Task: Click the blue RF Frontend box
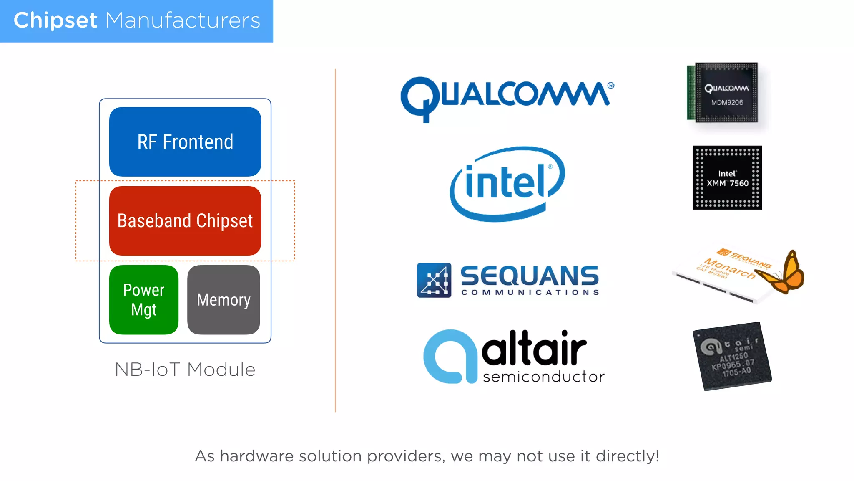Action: [x=185, y=142]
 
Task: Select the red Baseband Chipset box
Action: [x=185, y=220]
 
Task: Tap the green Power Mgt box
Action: [x=144, y=300]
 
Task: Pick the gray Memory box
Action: [x=224, y=300]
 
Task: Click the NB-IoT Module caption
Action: [x=185, y=370]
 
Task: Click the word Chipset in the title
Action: [x=55, y=20]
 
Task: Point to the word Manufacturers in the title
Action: [x=183, y=20]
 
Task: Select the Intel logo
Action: [x=507, y=184]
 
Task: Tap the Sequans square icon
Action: [x=434, y=280]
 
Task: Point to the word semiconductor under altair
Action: [x=543, y=377]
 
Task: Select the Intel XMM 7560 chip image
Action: [x=727, y=178]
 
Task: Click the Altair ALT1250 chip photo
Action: [x=732, y=356]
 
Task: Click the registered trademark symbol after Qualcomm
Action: [x=611, y=86]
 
